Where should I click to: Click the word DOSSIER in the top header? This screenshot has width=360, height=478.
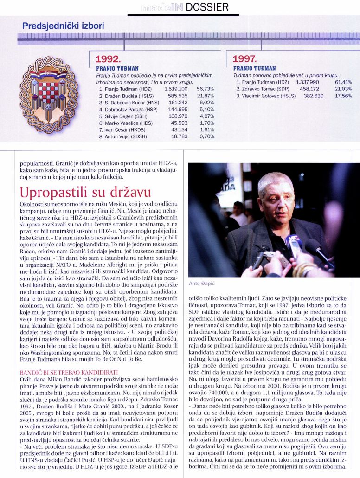[x=208, y=7]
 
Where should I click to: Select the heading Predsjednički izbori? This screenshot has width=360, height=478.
[x=63, y=26]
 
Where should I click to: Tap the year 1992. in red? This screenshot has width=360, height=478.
[x=108, y=59]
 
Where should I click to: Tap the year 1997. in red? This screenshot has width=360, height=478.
[x=244, y=59]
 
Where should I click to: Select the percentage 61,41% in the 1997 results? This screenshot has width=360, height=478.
[x=343, y=82]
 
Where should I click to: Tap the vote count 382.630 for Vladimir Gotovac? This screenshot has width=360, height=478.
[x=304, y=96]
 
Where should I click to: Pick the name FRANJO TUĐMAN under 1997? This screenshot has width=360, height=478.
[x=254, y=68]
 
